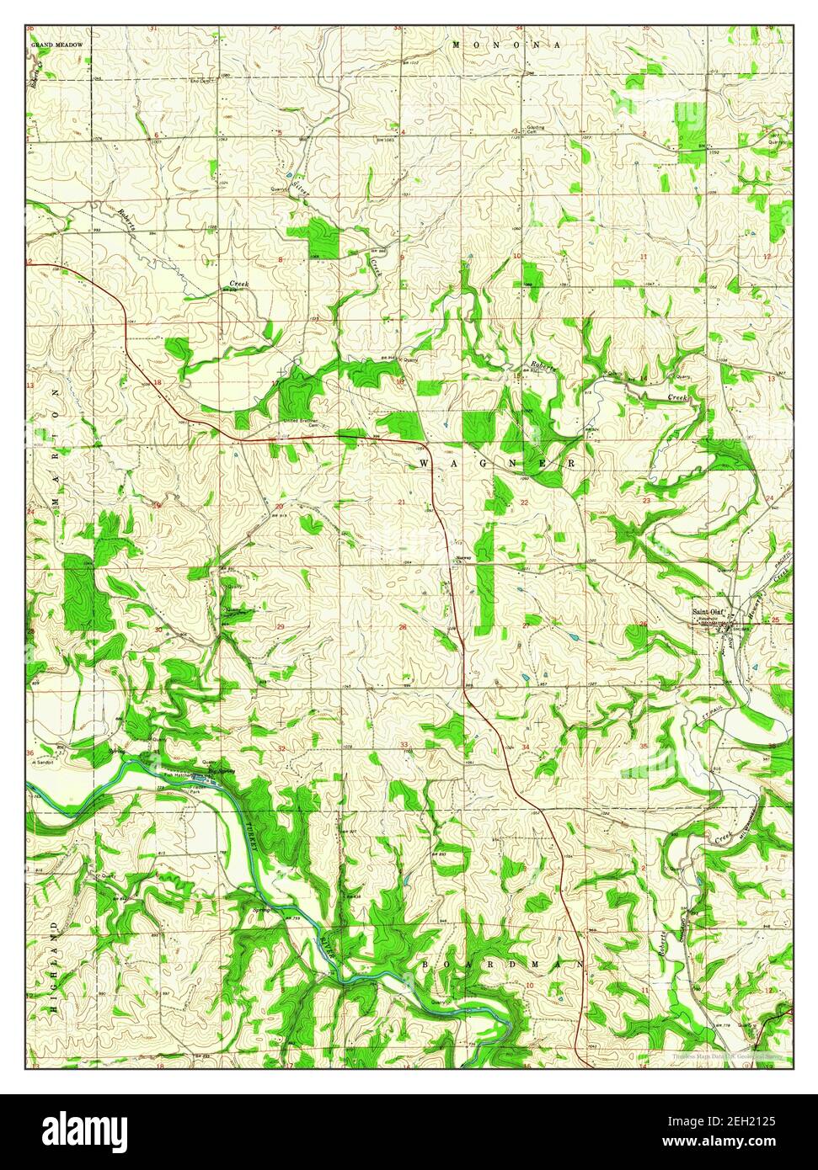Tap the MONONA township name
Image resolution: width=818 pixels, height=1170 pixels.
point(495,44)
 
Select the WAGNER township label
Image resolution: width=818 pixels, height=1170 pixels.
point(497,464)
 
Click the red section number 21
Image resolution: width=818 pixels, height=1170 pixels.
point(402,503)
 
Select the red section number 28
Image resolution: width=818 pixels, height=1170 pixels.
point(403,627)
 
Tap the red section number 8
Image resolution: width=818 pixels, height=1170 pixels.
point(281,260)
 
